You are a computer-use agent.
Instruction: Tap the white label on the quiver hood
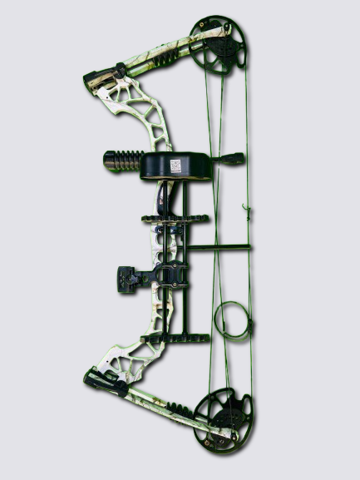click(x=176, y=166)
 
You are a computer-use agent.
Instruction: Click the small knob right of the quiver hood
click(x=234, y=158)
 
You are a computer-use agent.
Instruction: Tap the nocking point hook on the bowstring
click(x=246, y=207)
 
